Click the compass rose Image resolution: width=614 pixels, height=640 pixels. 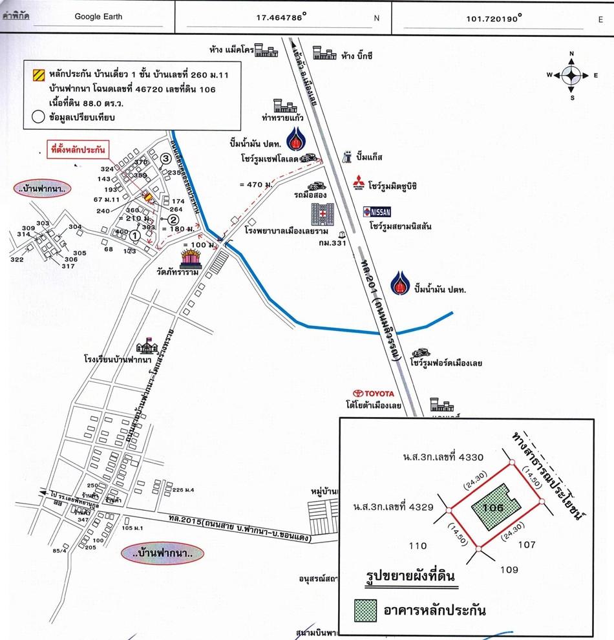(572, 75)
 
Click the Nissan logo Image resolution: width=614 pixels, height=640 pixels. (377, 211)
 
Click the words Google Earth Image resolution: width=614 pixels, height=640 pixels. (98, 17)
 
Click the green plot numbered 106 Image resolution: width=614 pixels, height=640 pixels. (494, 508)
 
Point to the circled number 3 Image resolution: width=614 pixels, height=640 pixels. (166, 158)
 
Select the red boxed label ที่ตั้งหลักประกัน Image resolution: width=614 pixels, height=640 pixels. (78, 149)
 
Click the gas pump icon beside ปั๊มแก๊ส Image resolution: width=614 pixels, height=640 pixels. (348, 156)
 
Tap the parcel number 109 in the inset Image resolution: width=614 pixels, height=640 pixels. (509, 570)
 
